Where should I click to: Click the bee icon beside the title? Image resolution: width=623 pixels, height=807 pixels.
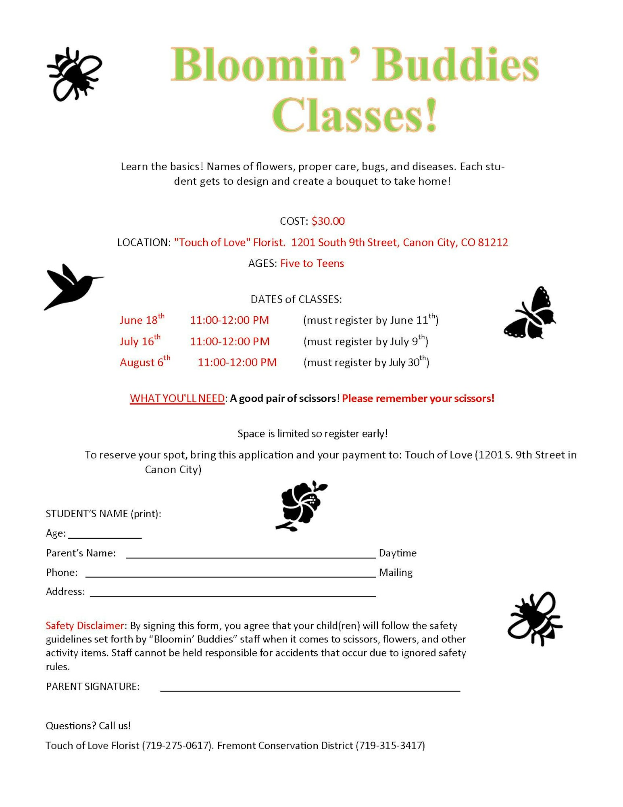coord(74,74)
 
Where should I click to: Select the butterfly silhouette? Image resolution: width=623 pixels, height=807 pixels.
coord(530,314)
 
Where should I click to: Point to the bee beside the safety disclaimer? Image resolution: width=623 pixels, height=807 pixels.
coord(535,618)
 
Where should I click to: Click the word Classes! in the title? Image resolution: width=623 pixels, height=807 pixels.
coord(355,115)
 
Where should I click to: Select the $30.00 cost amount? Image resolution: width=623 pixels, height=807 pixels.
coord(328,221)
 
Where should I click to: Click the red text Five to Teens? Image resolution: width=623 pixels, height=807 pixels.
coord(312,263)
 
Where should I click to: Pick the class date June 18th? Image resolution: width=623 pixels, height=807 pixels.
coord(142,320)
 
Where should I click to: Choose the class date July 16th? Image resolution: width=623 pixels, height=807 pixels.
coord(140,341)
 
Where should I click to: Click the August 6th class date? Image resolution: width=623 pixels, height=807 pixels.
coord(144,362)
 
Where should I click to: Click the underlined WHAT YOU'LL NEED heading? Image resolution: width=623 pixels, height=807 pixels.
coord(177,399)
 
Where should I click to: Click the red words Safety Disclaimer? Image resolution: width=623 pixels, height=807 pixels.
coord(85,626)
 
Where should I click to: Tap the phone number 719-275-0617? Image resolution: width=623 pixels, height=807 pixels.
coord(176,746)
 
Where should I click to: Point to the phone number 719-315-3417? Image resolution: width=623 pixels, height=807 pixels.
coord(390,746)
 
